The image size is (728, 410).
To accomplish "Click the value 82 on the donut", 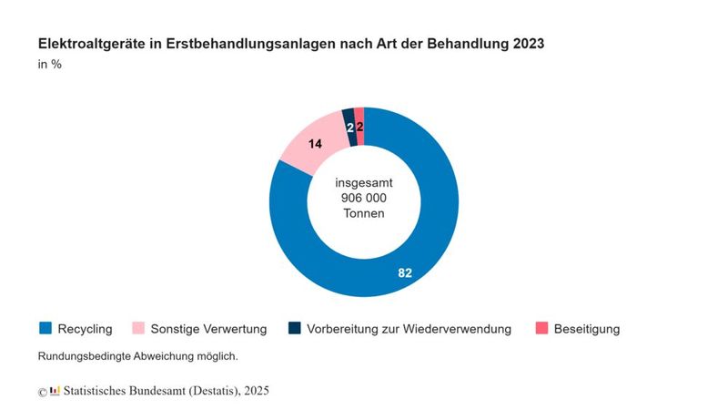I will point(404,272).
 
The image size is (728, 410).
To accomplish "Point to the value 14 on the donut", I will point(315,143).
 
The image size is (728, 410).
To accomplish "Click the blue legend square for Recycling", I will point(45,328).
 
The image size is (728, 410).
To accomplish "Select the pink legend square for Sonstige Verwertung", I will point(138,328).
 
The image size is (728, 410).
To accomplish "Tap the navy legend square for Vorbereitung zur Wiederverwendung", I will point(295,328).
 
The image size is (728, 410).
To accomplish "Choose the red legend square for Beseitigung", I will point(541,328).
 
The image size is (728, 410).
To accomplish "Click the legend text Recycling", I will point(85,329).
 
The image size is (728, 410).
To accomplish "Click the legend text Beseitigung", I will point(586,329).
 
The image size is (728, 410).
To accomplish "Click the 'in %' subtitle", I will point(49,65).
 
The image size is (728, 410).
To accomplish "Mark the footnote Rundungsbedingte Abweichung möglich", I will point(137,356).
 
